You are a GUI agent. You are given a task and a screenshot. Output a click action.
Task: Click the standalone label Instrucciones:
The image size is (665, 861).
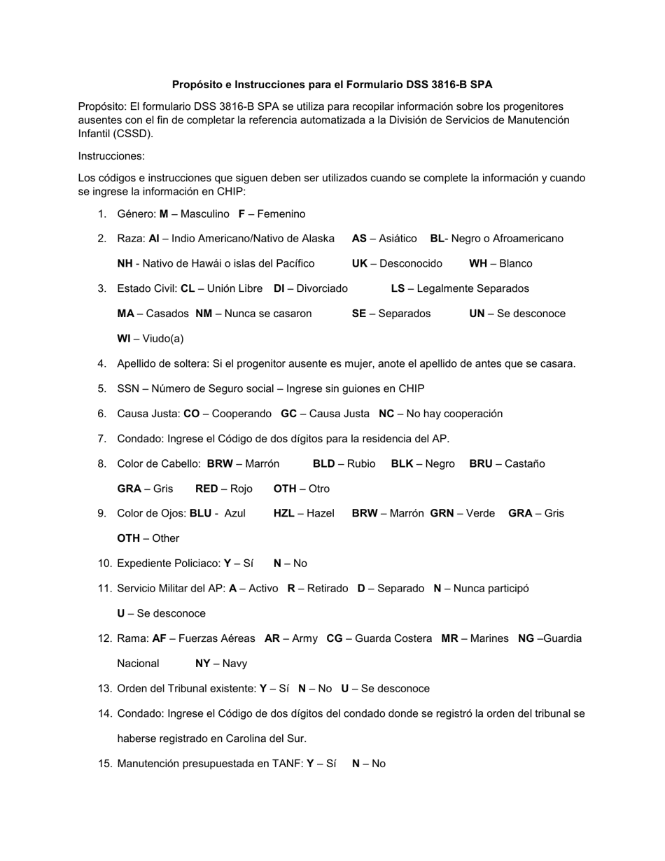pyautogui.click(x=111, y=156)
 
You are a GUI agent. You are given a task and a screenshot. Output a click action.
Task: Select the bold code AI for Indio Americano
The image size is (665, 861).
pyautogui.click(x=154, y=239)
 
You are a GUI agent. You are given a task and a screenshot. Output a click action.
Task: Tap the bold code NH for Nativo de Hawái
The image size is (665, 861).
pyautogui.click(x=125, y=264)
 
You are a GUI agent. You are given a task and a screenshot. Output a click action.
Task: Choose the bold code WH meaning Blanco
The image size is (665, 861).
pyautogui.click(x=478, y=264)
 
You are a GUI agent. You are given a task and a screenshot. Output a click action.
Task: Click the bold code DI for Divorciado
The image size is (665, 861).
pyautogui.click(x=279, y=288)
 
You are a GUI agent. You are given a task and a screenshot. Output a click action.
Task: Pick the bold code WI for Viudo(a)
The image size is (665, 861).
pyautogui.click(x=124, y=339)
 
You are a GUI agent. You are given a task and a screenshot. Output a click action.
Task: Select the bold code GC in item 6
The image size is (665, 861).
pyautogui.click(x=288, y=414)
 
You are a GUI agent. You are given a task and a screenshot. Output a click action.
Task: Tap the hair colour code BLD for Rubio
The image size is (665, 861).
pyautogui.click(x=323, y=463)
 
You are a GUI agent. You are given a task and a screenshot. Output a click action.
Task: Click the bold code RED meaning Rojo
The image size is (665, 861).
pyautogui.click(x=206, y=489)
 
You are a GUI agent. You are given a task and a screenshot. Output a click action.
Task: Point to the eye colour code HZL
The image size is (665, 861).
pyautogui.click(x=283, y=513)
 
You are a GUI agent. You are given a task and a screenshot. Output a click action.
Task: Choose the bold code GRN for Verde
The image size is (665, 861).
pyautogui.click(x=442, y=513)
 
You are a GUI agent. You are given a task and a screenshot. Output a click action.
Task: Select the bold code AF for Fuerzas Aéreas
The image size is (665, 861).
pyautogui.click(x=159, y=638)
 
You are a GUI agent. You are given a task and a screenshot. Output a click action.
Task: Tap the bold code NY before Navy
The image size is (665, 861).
pyautogui.click(x=203, y=664)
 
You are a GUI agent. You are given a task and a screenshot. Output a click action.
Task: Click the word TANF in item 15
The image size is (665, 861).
pyautogui.click(x=286, y=764)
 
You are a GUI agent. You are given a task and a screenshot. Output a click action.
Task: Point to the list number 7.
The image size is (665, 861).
pyautogui.click(x=102, y=439)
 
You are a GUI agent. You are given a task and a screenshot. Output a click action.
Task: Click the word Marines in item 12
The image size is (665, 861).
pyautogui.click(x=489, y=638)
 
